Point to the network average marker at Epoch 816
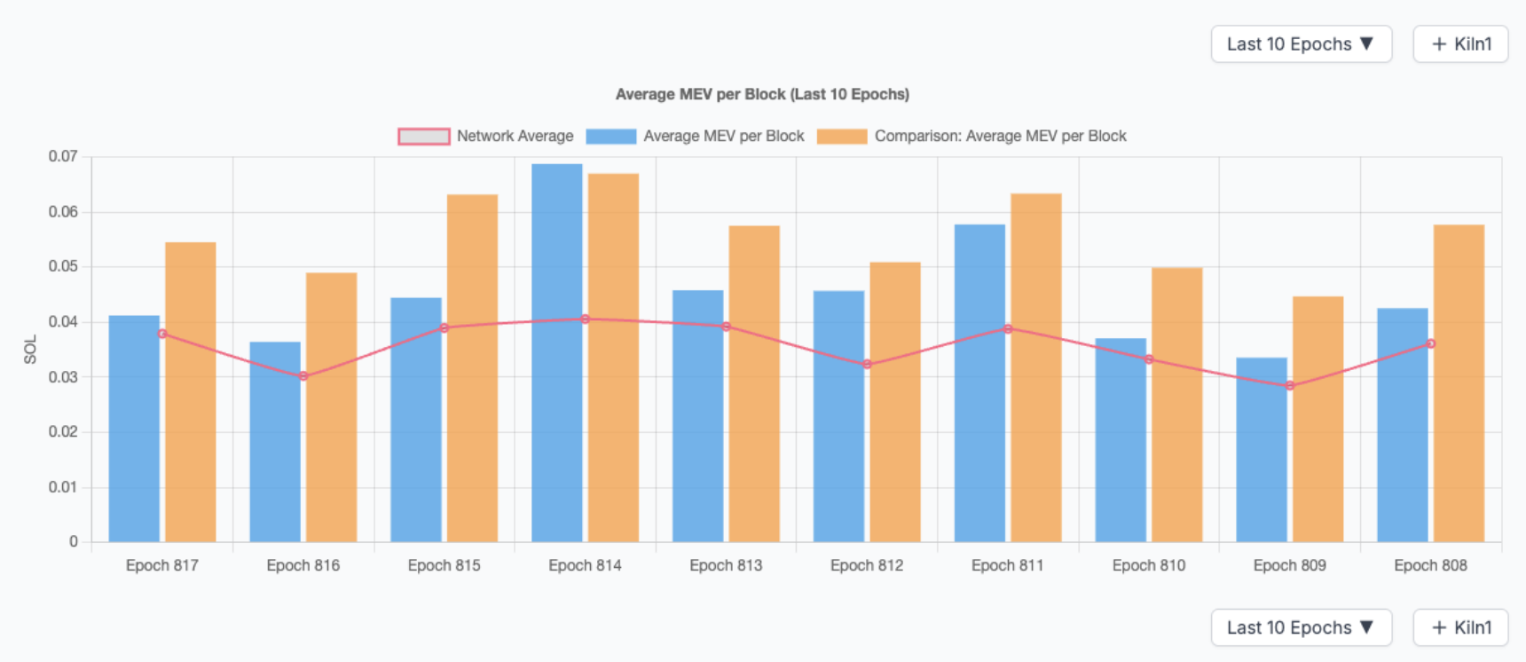(303, 376)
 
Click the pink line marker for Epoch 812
(867, 364)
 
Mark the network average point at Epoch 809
(1290, 385)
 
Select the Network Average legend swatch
(424, 137)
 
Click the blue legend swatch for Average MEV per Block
(611, 137)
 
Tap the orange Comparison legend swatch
(842, 137)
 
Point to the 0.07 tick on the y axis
(63, 156)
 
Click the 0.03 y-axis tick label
(63, 377)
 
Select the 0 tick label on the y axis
(74, 541)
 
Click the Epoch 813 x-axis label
(726, 565)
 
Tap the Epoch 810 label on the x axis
(1149, 565)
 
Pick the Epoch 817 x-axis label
(162, 565)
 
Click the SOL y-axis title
(30, 349)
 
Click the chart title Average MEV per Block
(762, 94)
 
